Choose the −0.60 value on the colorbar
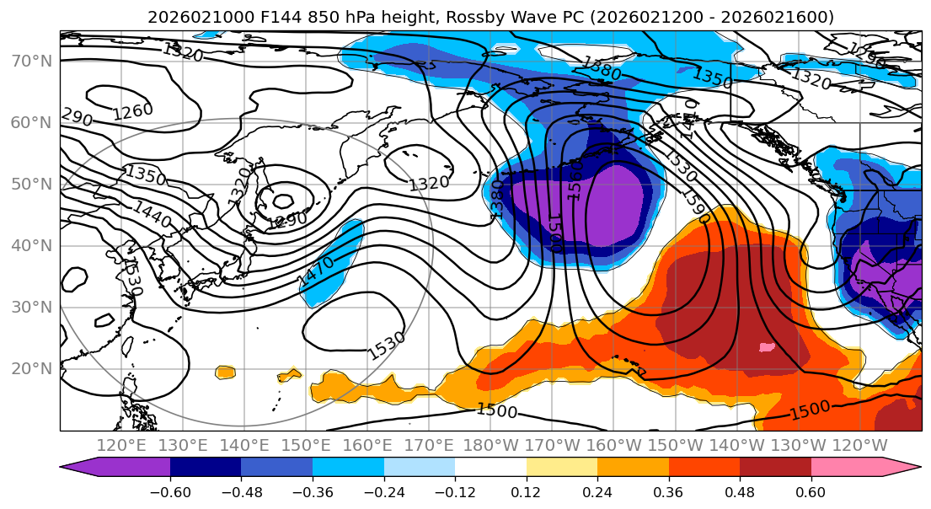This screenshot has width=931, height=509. pos(170,490)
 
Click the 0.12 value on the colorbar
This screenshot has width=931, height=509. pos(526,490)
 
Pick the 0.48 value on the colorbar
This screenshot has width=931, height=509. pos(740,490)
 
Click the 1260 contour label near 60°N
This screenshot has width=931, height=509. pos(133,110)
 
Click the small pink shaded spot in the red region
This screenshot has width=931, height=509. pos(766,346)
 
